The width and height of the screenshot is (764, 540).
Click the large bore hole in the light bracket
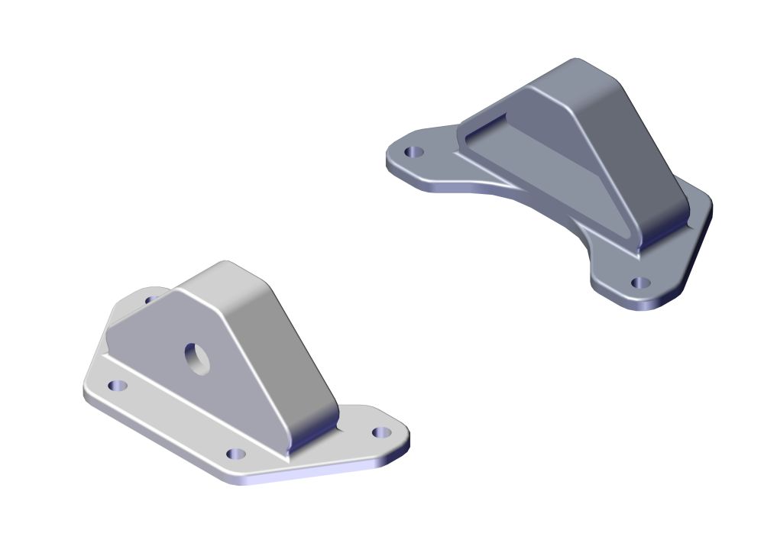point(199,357)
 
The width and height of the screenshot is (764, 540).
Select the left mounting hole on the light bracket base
point(117,386)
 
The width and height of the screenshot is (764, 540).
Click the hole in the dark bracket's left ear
point(413,152)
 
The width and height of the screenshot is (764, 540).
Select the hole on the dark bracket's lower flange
point(640,283)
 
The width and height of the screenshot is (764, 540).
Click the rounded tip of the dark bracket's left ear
point(390,157)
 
